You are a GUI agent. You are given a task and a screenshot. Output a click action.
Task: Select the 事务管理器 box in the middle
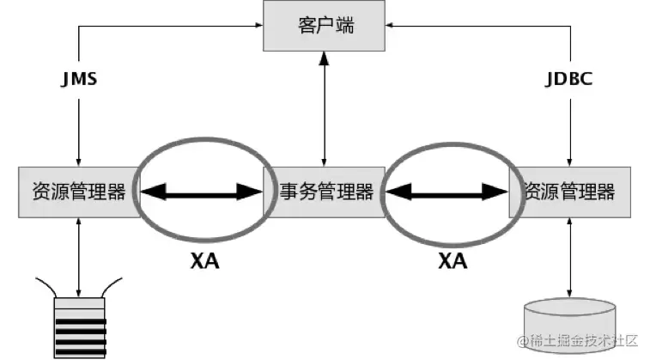click(x=325, y=192)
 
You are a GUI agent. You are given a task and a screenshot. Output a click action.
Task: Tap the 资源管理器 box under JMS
click(x=78, y=192)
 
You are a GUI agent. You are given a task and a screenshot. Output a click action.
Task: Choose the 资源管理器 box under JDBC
click(x=569, y=192)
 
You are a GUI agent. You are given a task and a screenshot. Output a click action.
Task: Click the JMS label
click(x=79, y=80)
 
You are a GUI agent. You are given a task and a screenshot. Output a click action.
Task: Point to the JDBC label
click(x=569, y=80)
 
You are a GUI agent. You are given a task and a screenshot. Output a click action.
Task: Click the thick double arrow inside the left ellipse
click(x=202, y=192)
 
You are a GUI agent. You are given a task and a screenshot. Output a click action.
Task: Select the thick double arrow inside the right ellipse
click(x=446, y=192)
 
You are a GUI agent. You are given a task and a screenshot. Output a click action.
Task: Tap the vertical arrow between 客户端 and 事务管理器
click(x=325, y=107)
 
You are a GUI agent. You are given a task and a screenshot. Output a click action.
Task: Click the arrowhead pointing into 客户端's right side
click(x=391, y=26)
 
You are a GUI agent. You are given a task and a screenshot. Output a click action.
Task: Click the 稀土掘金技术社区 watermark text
click(x=576, y=342)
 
